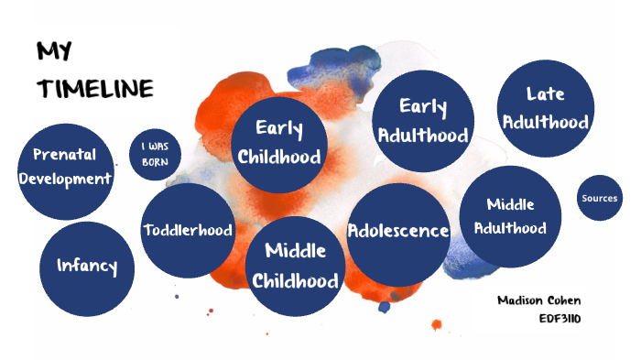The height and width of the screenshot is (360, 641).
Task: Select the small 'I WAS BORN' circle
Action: (155, 154)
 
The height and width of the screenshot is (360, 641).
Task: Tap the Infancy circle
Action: (87, 267)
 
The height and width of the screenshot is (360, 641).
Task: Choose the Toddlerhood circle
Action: (188, 230)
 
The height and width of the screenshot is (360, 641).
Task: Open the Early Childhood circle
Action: (279, 143)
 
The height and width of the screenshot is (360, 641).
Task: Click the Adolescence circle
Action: (398, 231)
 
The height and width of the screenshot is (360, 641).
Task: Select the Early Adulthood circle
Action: (423, 120)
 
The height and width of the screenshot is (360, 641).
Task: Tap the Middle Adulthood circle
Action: (510, 216)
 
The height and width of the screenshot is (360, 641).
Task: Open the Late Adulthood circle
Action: (545, 107)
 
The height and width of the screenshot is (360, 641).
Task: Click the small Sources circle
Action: (599, 198)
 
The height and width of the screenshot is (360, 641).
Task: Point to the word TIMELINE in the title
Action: (94, 89)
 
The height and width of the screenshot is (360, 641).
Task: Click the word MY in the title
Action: (54, 50)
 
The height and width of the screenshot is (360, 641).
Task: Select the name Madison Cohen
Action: (540, 300)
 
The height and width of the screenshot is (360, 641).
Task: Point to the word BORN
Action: (155, 161)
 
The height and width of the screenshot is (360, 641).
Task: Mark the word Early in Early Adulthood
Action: (423, 107)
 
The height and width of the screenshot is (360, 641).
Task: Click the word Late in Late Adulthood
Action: (545, 93)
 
